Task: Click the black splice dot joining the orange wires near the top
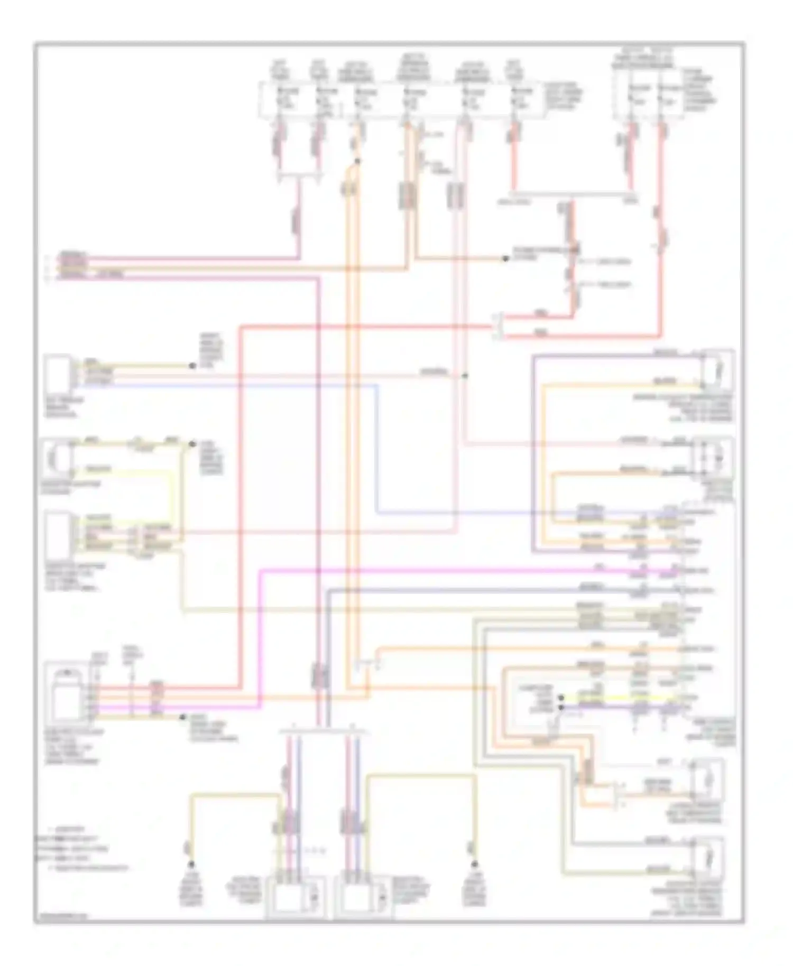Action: pos(358,161)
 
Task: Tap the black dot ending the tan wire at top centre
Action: pos(505,259)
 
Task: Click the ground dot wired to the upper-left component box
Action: pos(192,366)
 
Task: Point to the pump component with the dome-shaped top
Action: pos(67,692)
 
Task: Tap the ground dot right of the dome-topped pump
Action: pos(182,717)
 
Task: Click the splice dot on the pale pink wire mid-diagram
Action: pos(465,376)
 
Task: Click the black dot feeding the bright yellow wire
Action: pos(561,698)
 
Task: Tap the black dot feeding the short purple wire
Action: pos(561,707)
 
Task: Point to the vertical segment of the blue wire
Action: pos(377,449)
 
